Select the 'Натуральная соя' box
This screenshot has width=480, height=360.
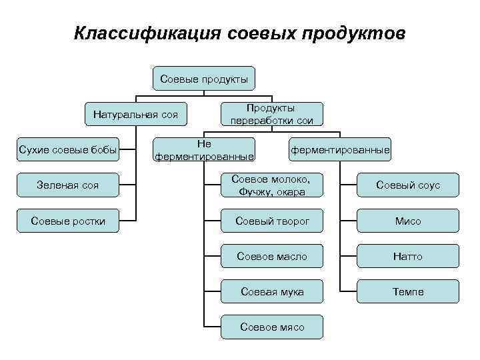[135, 115]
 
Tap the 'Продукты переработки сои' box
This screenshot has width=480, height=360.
[271, 114]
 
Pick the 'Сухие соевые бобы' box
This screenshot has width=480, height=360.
[68, 150]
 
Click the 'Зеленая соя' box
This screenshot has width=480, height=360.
[68, 185]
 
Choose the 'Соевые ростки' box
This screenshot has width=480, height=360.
[68, 221]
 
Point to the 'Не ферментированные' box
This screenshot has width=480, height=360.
[204, 150]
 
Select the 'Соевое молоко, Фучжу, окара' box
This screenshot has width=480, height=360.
[271, 185]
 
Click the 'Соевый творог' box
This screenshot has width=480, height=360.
[271, 221]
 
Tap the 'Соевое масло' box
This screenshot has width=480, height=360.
[271, 256]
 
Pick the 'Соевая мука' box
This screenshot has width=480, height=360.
[271, 291]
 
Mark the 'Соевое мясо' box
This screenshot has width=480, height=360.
[271, 327]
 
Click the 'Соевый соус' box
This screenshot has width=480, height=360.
[408, 185]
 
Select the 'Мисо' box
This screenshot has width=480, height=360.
[408, 221]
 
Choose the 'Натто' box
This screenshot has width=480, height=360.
[408, 256]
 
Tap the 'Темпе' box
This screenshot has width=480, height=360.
[408, 291]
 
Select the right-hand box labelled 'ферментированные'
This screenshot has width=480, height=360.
[340, 150]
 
